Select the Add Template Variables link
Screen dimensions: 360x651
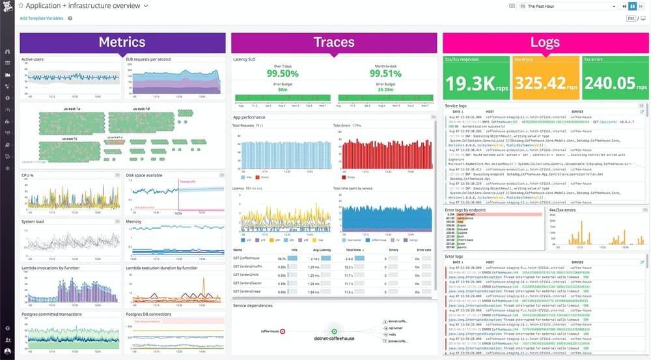coord(41,18)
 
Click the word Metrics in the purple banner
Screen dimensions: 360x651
coord(122,42)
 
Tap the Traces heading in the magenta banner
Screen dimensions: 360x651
coord(333,42)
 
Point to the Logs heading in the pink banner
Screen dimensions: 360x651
coord(545,42)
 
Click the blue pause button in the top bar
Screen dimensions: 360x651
coord(631,6)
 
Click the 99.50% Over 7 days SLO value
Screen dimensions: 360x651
coord(282,73)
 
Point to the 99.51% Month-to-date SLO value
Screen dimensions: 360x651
coord(385,73)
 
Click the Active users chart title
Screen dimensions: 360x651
coord(33,59)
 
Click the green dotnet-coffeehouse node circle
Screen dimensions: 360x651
coord(334,331)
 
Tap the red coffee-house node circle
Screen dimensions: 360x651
coord(283,331)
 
